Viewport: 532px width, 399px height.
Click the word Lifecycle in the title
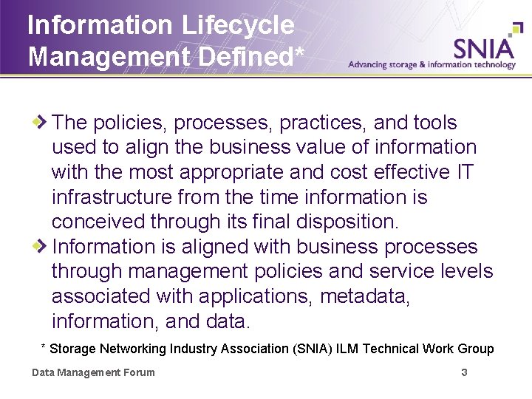tap(236, 26)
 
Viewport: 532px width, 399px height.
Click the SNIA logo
tap(485, 47)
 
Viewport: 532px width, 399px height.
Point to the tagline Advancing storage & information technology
tap(432, 65)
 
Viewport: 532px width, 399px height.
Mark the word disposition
tap(349, 222)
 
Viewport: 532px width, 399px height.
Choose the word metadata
tap(365, 296)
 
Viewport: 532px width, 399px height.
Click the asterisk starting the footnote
tap(44, 347)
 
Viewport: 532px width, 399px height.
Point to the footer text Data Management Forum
tap(93, 372)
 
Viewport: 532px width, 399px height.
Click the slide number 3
tap(464, 372)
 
